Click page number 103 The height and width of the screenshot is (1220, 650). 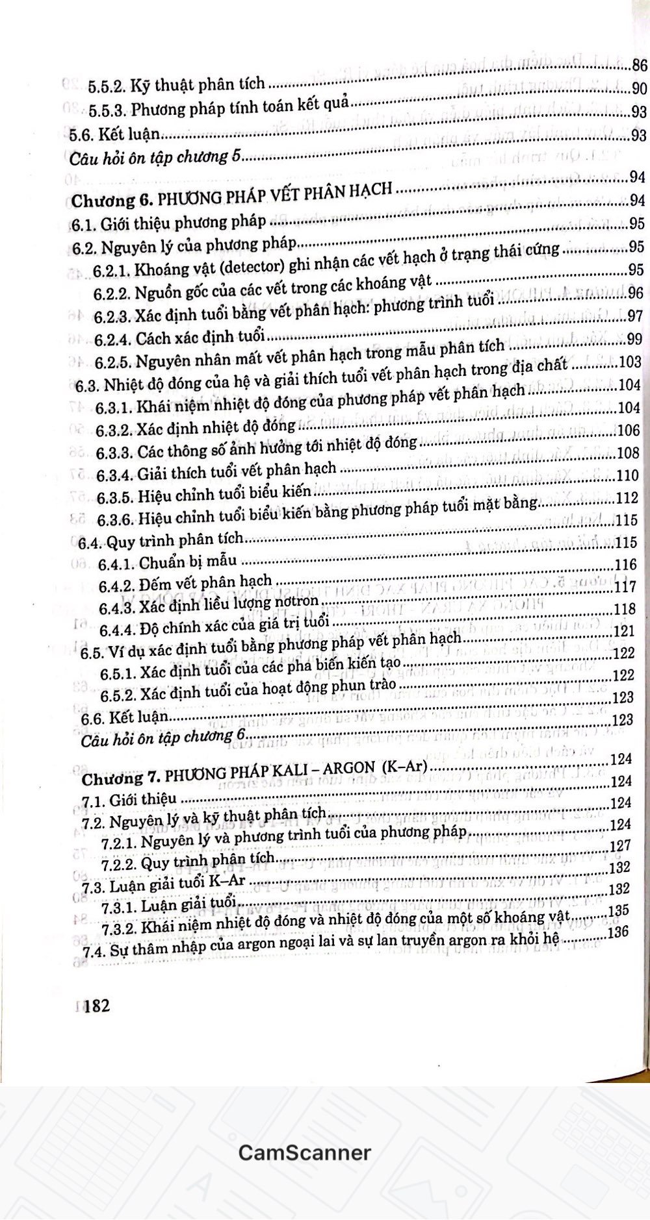[x=630, y=362]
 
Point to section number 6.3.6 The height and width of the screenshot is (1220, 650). [x=116, y=521]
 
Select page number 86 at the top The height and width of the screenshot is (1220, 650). [x=640, y=65]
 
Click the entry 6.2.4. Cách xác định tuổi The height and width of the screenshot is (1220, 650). [x=180, y=338]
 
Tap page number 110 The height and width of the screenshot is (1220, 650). [x=628, y=475]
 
